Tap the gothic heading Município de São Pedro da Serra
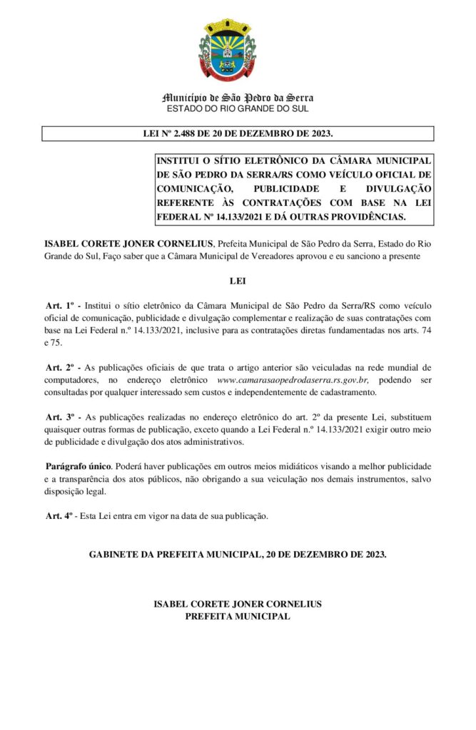click(x=238, y=98)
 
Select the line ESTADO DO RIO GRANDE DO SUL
click(x=238, y=108)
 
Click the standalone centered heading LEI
click(x=238, y=281)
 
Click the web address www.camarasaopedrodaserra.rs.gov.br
click(x=293, y=381)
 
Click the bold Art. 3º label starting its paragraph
click(x=62, y=416)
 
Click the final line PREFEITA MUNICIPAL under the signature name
click(x=238, y=616)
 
